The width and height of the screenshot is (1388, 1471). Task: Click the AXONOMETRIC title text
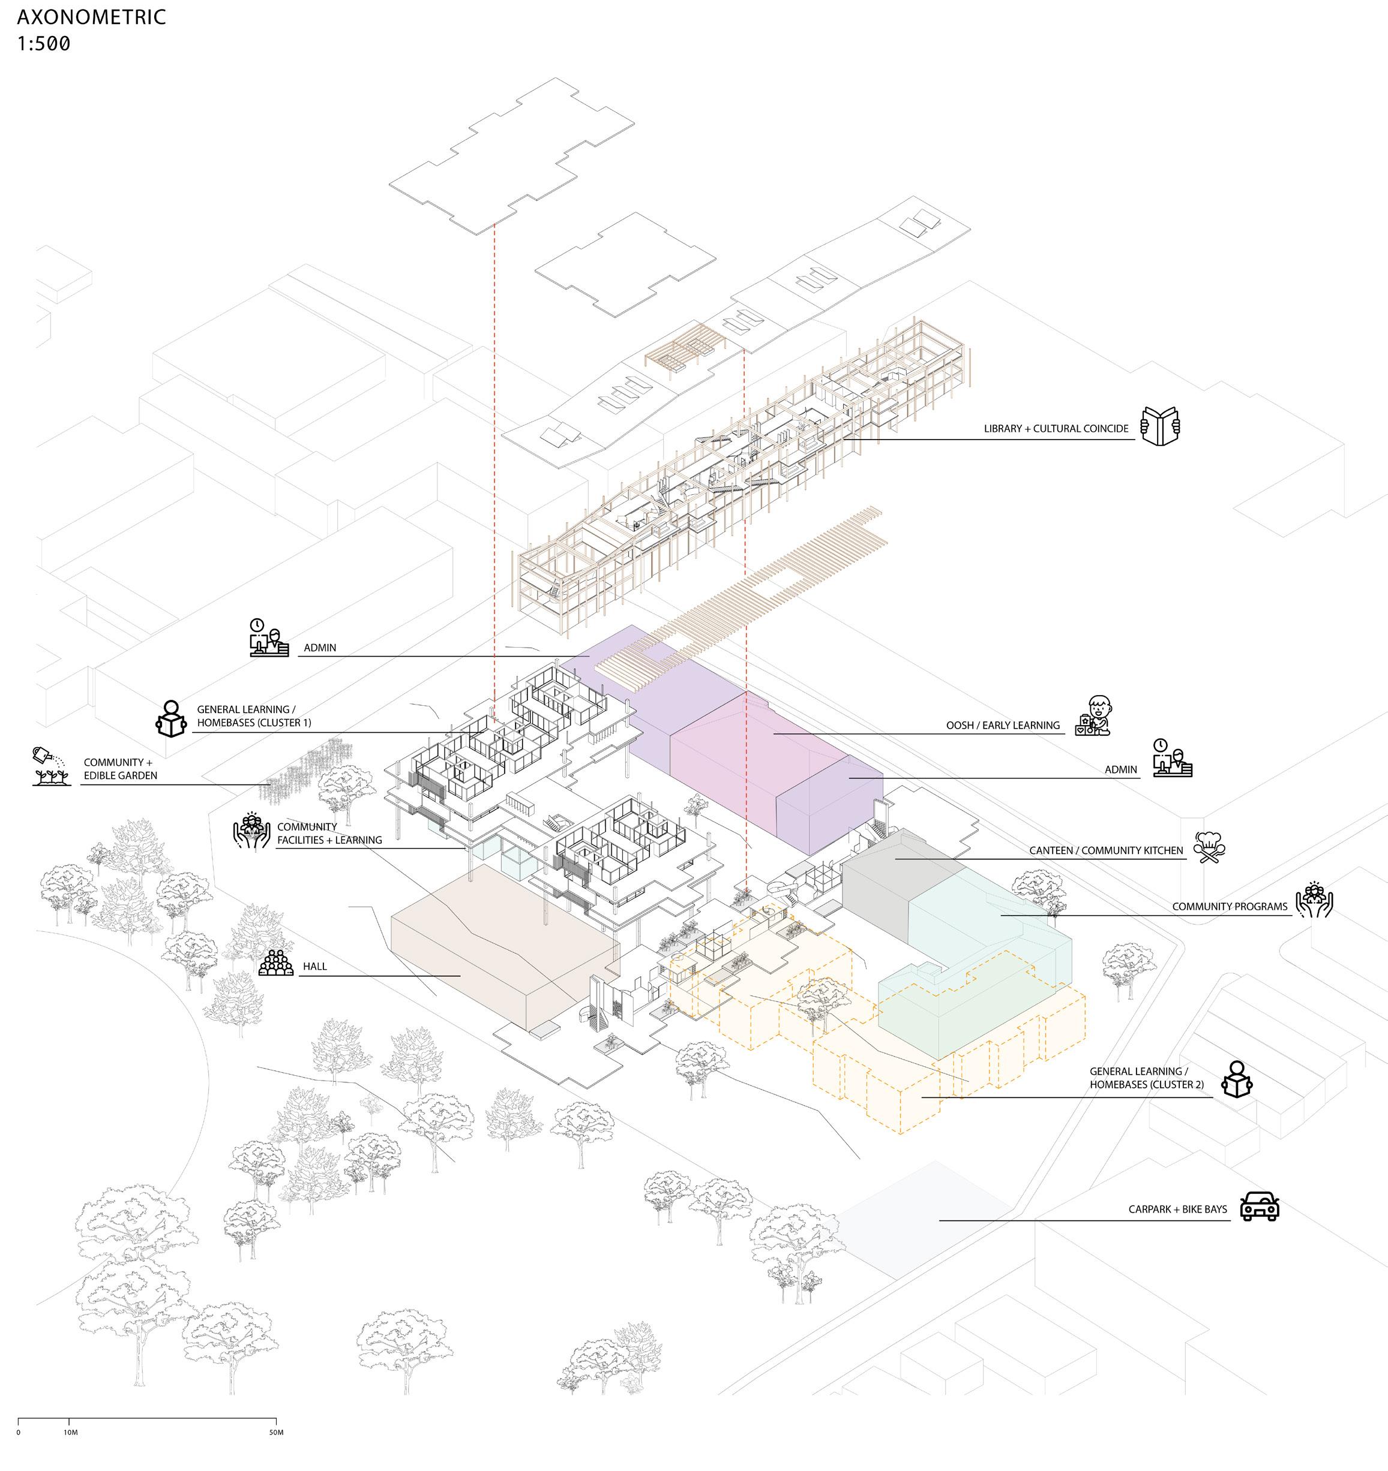coord(91,17)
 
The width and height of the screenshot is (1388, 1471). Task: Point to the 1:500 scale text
coord(44,44)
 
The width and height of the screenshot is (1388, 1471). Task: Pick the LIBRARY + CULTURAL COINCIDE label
coord(1056,428)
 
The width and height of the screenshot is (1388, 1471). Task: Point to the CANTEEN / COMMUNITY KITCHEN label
coord(1106,850)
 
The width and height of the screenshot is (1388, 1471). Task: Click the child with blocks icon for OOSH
coord(1093,715)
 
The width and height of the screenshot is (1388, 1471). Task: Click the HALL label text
coord(314,966)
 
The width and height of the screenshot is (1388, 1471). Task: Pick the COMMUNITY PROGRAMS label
coord(1229,907)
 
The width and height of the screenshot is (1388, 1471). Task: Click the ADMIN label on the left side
coord(320,648)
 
